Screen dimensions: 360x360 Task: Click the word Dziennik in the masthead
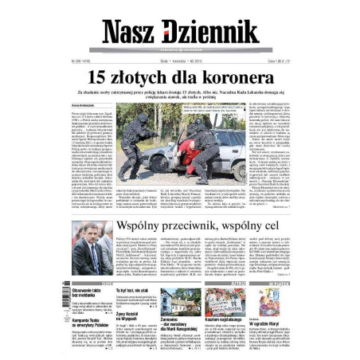209,29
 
